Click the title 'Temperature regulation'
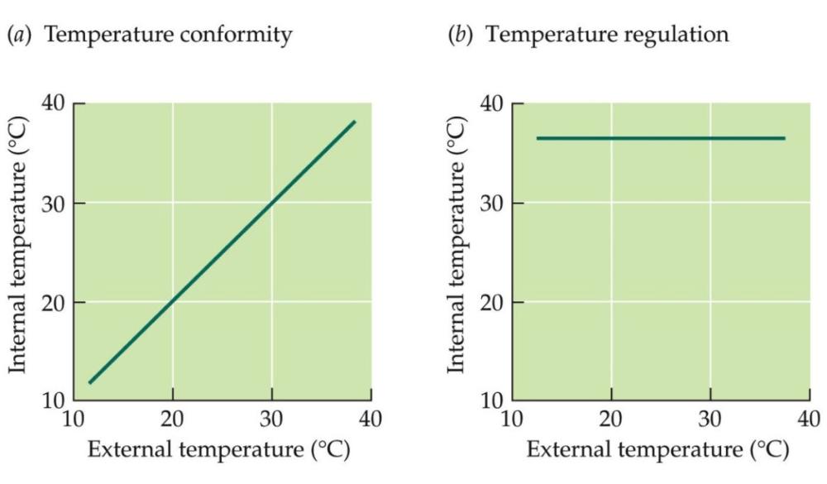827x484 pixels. click(x=618, y=36)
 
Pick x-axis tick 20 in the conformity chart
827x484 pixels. click(x=173, y=419)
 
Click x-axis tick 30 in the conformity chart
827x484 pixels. click(x=272, y=419)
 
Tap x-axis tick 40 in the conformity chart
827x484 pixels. click(x=371, y=419)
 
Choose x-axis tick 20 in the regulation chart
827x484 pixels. click(x=612, y=419)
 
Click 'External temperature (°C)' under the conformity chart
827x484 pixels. click(x=219, y=451)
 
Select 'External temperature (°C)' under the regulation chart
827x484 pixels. click(x=658, y=451)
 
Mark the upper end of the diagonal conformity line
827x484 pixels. click(x=355, y=122)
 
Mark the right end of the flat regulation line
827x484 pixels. click(x=784, y=138)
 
